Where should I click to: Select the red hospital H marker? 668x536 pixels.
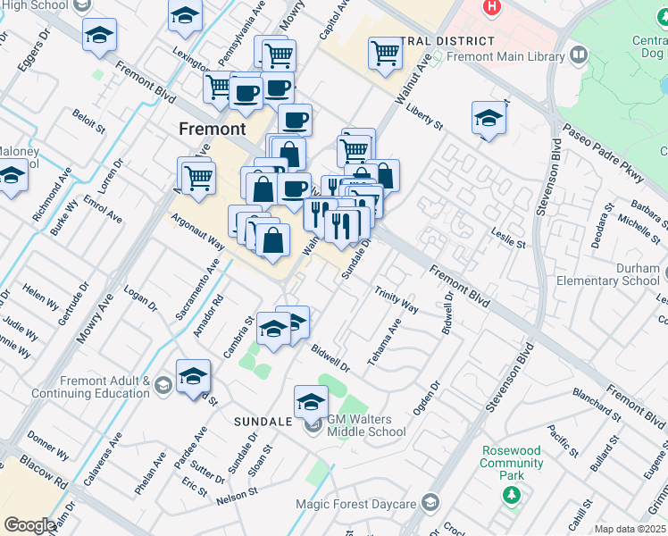tap(490, 7)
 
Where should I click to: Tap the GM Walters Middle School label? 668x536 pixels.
tap(366, 425)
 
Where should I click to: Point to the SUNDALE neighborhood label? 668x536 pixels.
tap(263, 421)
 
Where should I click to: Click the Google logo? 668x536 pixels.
tap(30, 525)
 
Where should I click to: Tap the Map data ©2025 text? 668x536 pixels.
tap(630, 529)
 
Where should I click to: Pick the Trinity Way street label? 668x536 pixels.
tap(397, 299)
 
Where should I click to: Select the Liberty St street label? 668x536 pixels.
tap(424, 120)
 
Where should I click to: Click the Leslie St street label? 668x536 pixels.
tap(507, 237)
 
